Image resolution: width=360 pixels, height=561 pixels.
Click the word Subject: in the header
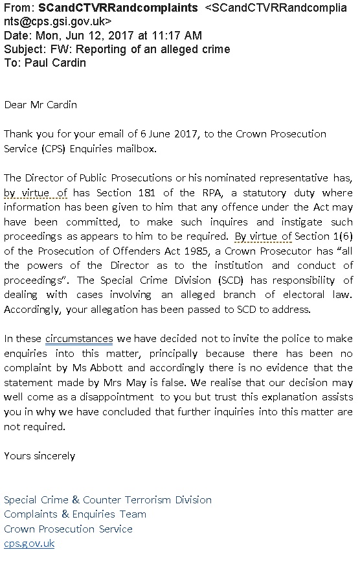pyautogui.click(x=25, y=49)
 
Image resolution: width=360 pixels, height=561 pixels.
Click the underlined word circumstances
pyautogui.click(x=79, y=339)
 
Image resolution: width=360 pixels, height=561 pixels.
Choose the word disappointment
pyautogui.click(x=117, y=396)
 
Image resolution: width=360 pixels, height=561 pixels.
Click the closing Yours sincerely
pyautogui.click(x=39, y=455)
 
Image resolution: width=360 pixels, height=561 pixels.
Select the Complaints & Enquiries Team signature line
pyautogui.click(x=75, y=514)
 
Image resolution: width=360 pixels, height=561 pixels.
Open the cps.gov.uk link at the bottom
pyautogui.click(x=29, y=544)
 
